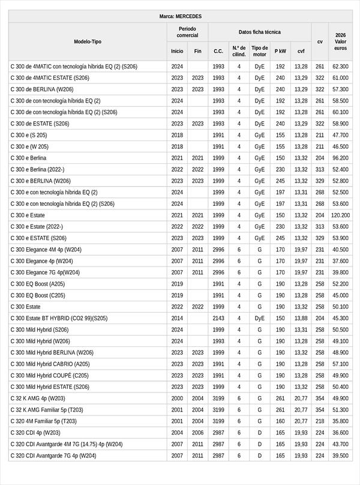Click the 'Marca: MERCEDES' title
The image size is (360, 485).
pyautogui.click(x=181, y=16)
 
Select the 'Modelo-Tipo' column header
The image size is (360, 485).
pyautogui.click(x=88, y=42)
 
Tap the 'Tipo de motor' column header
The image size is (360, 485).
pyautogui.click(x=259, y=51)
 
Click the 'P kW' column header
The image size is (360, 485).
pyautogui.click(x=280, y=51)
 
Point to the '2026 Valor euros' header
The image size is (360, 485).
pyautogui.click(x=340, y=42)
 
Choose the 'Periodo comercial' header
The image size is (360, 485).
pyautogui.click(x=187, y=32)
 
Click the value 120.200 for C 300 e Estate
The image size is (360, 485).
pyautogui.click(x=340, y=215)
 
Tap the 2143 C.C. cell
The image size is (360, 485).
pyautogui.click(x=218, y=318)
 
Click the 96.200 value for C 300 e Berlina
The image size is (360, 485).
pyautogui.click(x=340, y=158)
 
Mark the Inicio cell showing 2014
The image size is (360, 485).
pyautogui.click(x=177, y=318)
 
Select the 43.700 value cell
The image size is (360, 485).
pyautogui.click(x=340, y=444)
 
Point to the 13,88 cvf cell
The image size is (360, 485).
pyautogui.click(x=301, y=318)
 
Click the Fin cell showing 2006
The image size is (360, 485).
pyautogui.click(x=197, y=433)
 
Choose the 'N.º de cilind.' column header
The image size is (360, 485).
pyautogui.click(x=238, y=51)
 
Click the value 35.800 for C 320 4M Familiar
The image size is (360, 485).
pyautogui.click(x=340, y=421)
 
